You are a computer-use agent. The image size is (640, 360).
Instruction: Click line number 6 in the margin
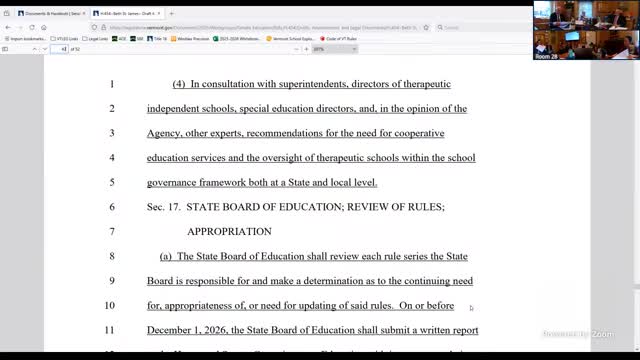click(x=112, y=207)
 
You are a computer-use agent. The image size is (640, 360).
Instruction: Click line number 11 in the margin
click(x=111, y=330)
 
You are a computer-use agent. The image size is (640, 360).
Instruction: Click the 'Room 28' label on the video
click(x=546, y=57)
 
